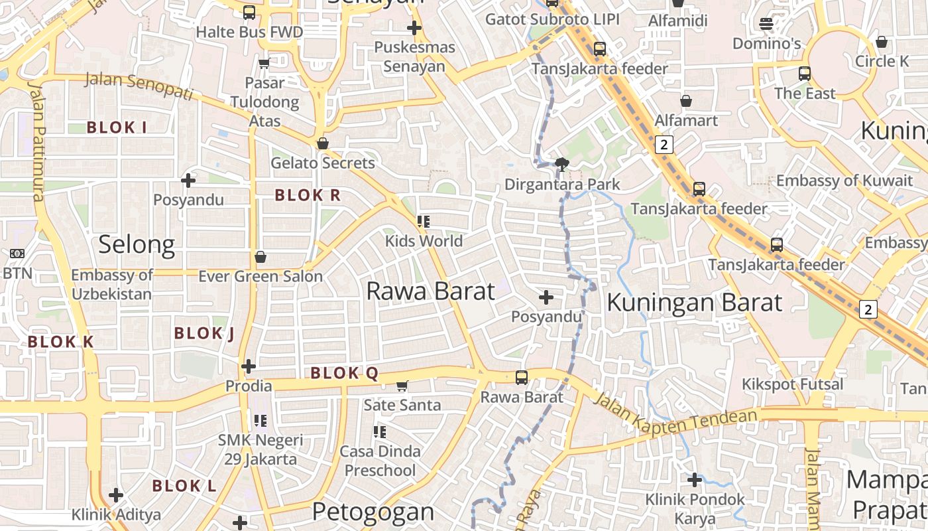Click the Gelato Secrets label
(323, 163)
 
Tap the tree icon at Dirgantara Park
(563, 164)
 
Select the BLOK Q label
(345, 373)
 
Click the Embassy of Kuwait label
(844, 181)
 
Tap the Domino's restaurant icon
(766, 24)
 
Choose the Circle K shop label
(882, 61)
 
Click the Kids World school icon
(424, 222)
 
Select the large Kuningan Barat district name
(695, 303)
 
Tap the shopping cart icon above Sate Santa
(402, 386)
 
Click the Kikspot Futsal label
(792, 384)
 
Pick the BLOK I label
(117, 127)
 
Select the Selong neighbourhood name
(137, 244)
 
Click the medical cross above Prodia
(249, 366)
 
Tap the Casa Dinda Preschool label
(380, 461)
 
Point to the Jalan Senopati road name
(139, 86)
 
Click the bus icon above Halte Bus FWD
(249, 12)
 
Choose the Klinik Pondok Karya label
(695, 508)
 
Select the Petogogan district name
(373, 512)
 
